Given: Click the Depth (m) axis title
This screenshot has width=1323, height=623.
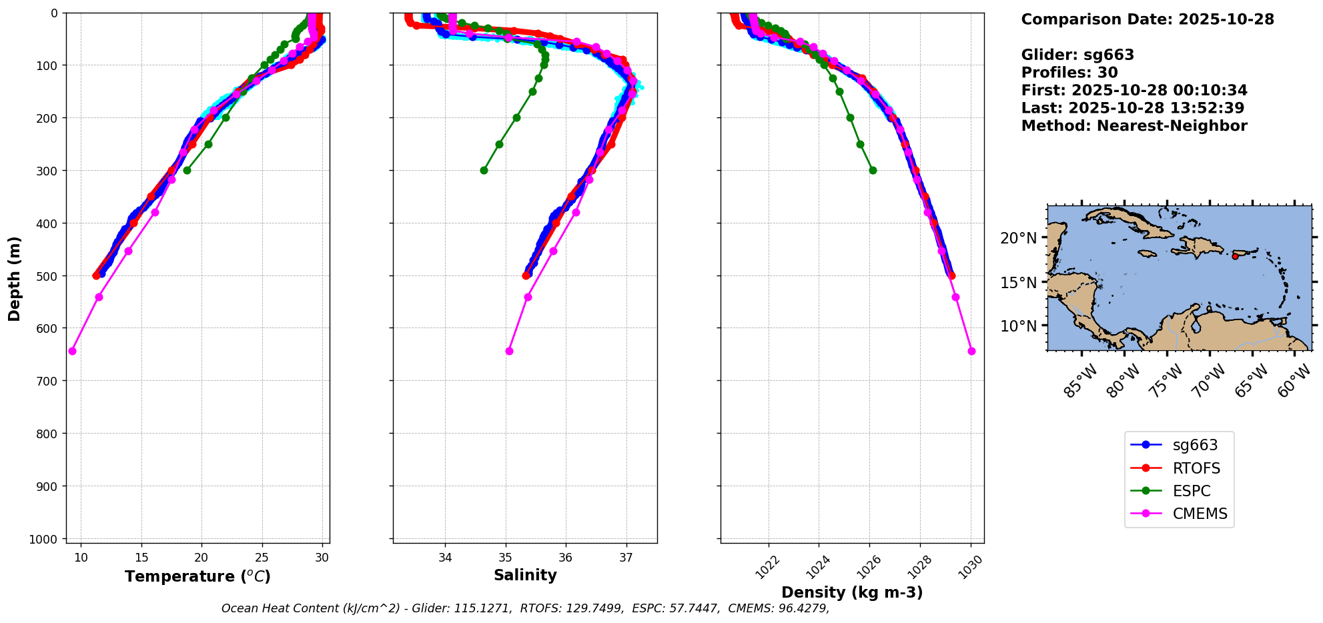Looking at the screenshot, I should tap(15, 278).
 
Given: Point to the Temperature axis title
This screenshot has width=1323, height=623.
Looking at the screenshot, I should tap(197, 576).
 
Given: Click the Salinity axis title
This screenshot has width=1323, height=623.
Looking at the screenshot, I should tap(525, 575).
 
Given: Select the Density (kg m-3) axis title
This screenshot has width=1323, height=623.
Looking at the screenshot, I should tap(852, 592).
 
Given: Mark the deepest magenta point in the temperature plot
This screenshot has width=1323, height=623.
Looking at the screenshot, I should tap(72, 351).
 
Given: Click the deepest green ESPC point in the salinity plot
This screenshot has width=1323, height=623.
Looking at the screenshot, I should tap(484, 170).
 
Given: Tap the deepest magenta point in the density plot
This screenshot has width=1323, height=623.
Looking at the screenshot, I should tap(971, 351).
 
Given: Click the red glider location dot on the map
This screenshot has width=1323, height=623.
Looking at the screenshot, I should tap(1235, 256).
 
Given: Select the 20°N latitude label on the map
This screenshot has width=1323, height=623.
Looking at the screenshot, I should tap(1019, 238).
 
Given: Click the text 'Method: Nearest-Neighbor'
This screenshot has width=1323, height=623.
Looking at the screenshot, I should tap(1134, 126).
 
